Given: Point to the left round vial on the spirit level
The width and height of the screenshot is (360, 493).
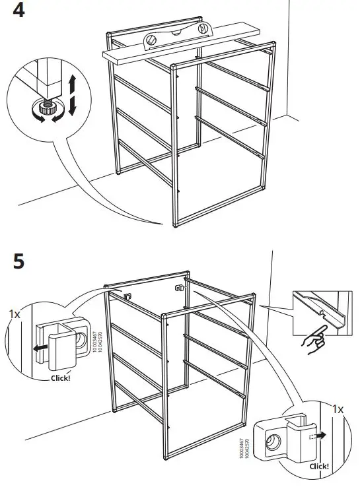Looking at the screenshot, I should pos(152,42).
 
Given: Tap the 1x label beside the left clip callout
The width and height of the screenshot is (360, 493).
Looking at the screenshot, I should pos(15,314).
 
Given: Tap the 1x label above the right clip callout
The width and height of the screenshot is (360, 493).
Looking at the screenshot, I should pos(338,409).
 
